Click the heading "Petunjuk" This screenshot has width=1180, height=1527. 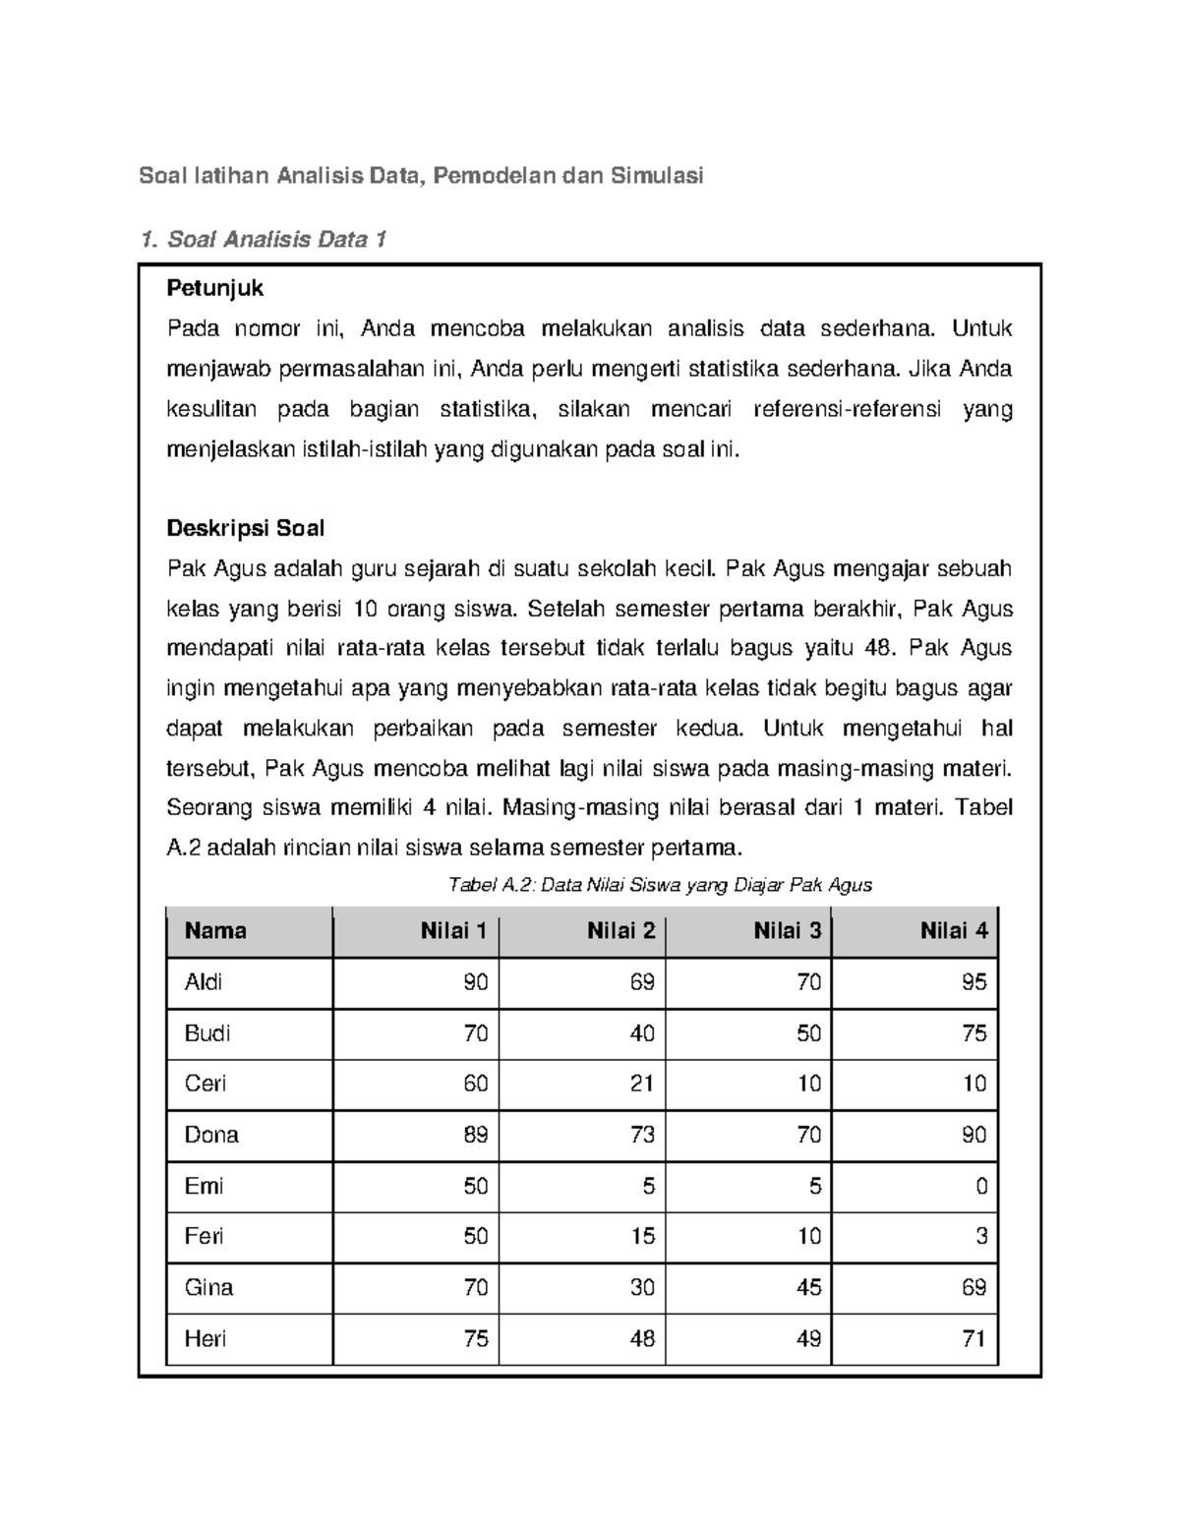(215, 288)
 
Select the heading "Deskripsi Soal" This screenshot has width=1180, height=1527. (245, 528)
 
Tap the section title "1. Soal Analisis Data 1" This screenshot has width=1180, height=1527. (263, 239)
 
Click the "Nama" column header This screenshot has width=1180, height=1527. (215, 931)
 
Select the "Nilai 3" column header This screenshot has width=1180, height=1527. (787, 931)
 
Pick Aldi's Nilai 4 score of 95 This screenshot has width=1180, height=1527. (974, 982)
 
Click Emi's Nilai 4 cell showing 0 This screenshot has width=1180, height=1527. (980, 1186)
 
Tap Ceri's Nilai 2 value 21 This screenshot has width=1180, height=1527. (642, 1084)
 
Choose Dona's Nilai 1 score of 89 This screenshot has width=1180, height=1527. (476, 1135)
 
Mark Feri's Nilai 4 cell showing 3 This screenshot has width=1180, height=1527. (980, 1236)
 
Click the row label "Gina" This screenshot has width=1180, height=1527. (208, 1287)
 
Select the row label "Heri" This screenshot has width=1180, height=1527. (205, 1338)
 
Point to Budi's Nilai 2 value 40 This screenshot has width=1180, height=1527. (642, 1033)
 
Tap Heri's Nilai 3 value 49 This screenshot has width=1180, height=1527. (808, 1338)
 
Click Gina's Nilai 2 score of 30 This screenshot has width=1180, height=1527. (642, 1287)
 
